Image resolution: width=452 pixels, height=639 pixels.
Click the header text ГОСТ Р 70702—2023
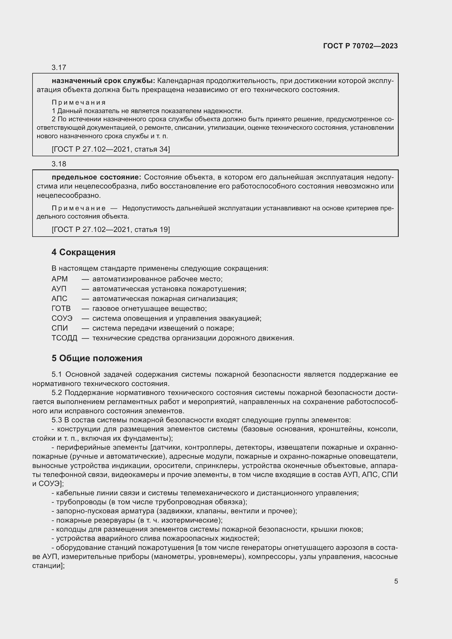(x=360, y=46)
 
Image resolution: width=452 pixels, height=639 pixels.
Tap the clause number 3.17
(x=59, y=67)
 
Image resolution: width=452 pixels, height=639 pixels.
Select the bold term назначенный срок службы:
(x=103, y=81)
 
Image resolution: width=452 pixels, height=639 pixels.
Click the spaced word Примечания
(x=78, y=102)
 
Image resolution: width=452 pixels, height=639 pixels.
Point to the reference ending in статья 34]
(x=111, y=149)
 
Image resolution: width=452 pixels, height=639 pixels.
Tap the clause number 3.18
(x=59, y=164)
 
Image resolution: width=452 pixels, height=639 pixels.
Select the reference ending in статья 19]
(x=111, y=229)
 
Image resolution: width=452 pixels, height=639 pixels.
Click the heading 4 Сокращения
(x=84, y=252)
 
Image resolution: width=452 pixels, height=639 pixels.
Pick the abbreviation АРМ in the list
(x=60, y=279)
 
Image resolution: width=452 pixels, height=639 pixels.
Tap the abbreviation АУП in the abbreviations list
(x=59, y=289)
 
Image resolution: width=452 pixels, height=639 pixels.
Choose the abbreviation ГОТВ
(x=61, y=308)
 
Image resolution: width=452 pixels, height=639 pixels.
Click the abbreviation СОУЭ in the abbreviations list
(x=62, y=318)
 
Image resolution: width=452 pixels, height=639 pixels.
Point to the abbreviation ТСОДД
(x=64, y=338)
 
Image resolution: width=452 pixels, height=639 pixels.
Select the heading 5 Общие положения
(x=97, y=358)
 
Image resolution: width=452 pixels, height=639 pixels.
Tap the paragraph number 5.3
(x=57, y=420)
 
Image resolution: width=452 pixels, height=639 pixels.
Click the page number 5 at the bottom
(x=396, y=581)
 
